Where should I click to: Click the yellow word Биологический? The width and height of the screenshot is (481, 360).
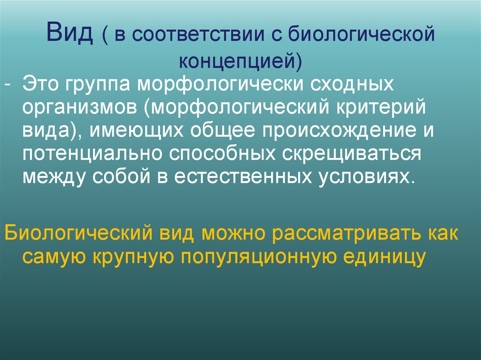click(x=77, y=233)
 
